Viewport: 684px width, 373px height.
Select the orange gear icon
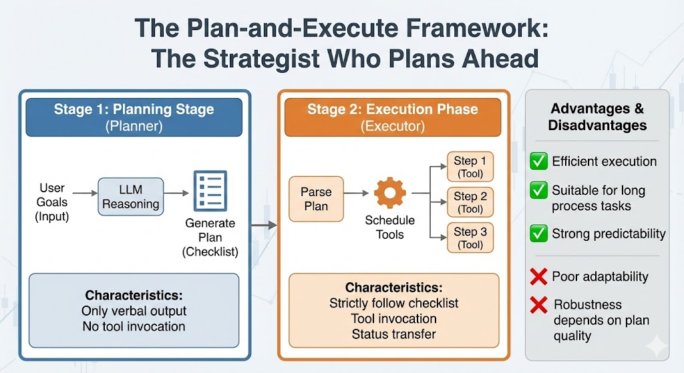tap(389, 193)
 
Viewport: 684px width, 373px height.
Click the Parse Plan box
tap(316, 199)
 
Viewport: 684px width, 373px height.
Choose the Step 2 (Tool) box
tap(470, 202)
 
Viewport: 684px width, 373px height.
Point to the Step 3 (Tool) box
tap(470, 238)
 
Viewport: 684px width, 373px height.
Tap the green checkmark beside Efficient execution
tap(538, 161)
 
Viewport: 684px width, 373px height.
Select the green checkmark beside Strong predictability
tap(538, 234)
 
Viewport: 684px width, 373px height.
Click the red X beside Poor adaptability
tap(538, 276)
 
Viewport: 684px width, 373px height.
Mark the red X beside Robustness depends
tap(538, 306)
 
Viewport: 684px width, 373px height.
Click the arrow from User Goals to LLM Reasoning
tap(84, 194)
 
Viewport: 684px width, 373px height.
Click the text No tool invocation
tap(134, 326)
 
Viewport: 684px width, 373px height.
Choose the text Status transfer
tap(393, 334)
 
